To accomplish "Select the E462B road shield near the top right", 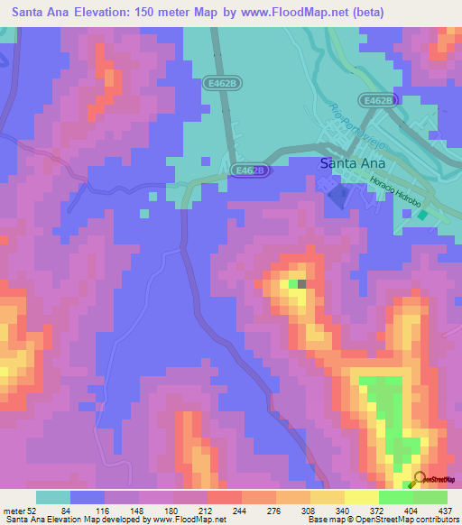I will [x=377, y=100].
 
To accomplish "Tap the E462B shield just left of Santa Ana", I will [x=250, y=170].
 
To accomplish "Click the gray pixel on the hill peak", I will [x=302, y=284].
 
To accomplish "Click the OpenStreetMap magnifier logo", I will [x=418, y=480].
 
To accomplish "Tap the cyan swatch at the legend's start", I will [x=52, y=497].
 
